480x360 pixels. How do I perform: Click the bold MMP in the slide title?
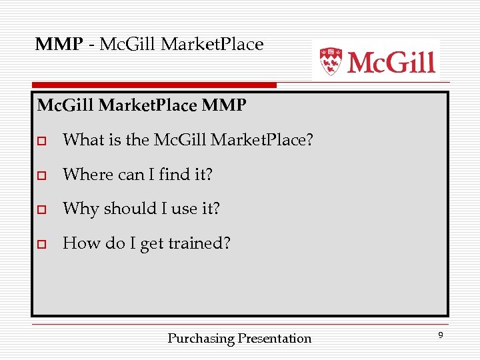[59, 45]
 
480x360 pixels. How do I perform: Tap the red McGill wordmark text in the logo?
[391, 62]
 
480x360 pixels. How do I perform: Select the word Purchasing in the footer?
[201, 339]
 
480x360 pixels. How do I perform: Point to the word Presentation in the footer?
[275, 339]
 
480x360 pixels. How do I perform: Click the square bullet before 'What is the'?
[41, 141]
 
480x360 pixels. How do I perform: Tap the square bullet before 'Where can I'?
[41, 175]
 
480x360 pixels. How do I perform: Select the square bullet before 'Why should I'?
[41, 210]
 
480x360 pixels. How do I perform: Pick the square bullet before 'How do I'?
[41, 245]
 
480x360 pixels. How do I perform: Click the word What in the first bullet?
[82, 140]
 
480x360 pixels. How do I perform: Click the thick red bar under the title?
[153, 85]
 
